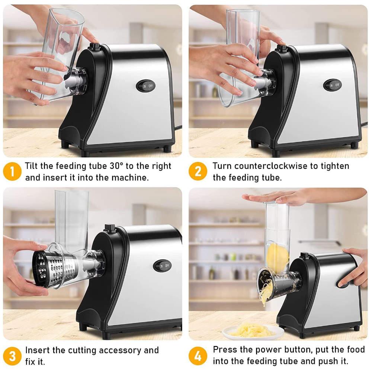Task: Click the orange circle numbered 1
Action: pyautogui.click(x=12, y=171)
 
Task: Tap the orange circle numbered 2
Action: pyautogui.click(x=198, y=171)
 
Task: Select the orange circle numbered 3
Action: pyautogui.click(x=12, y=356)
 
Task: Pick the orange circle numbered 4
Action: pyautogui.click(x=198, y=356)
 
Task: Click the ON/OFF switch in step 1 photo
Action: pyautogui.click(x=146, y=86)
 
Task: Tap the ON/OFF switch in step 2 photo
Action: pyautogui.click(x=333, y=85)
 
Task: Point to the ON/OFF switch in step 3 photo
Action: pyautogui.click(x=162, y=266)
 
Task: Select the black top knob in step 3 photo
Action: pyautogui.click(x=110, y=227)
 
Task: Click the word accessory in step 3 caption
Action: pyautogui.click(x=120, y=351)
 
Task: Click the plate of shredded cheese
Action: pyautogui.click(x=253, y=331)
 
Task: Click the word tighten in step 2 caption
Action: pyautogui.click(x=335, y=166)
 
